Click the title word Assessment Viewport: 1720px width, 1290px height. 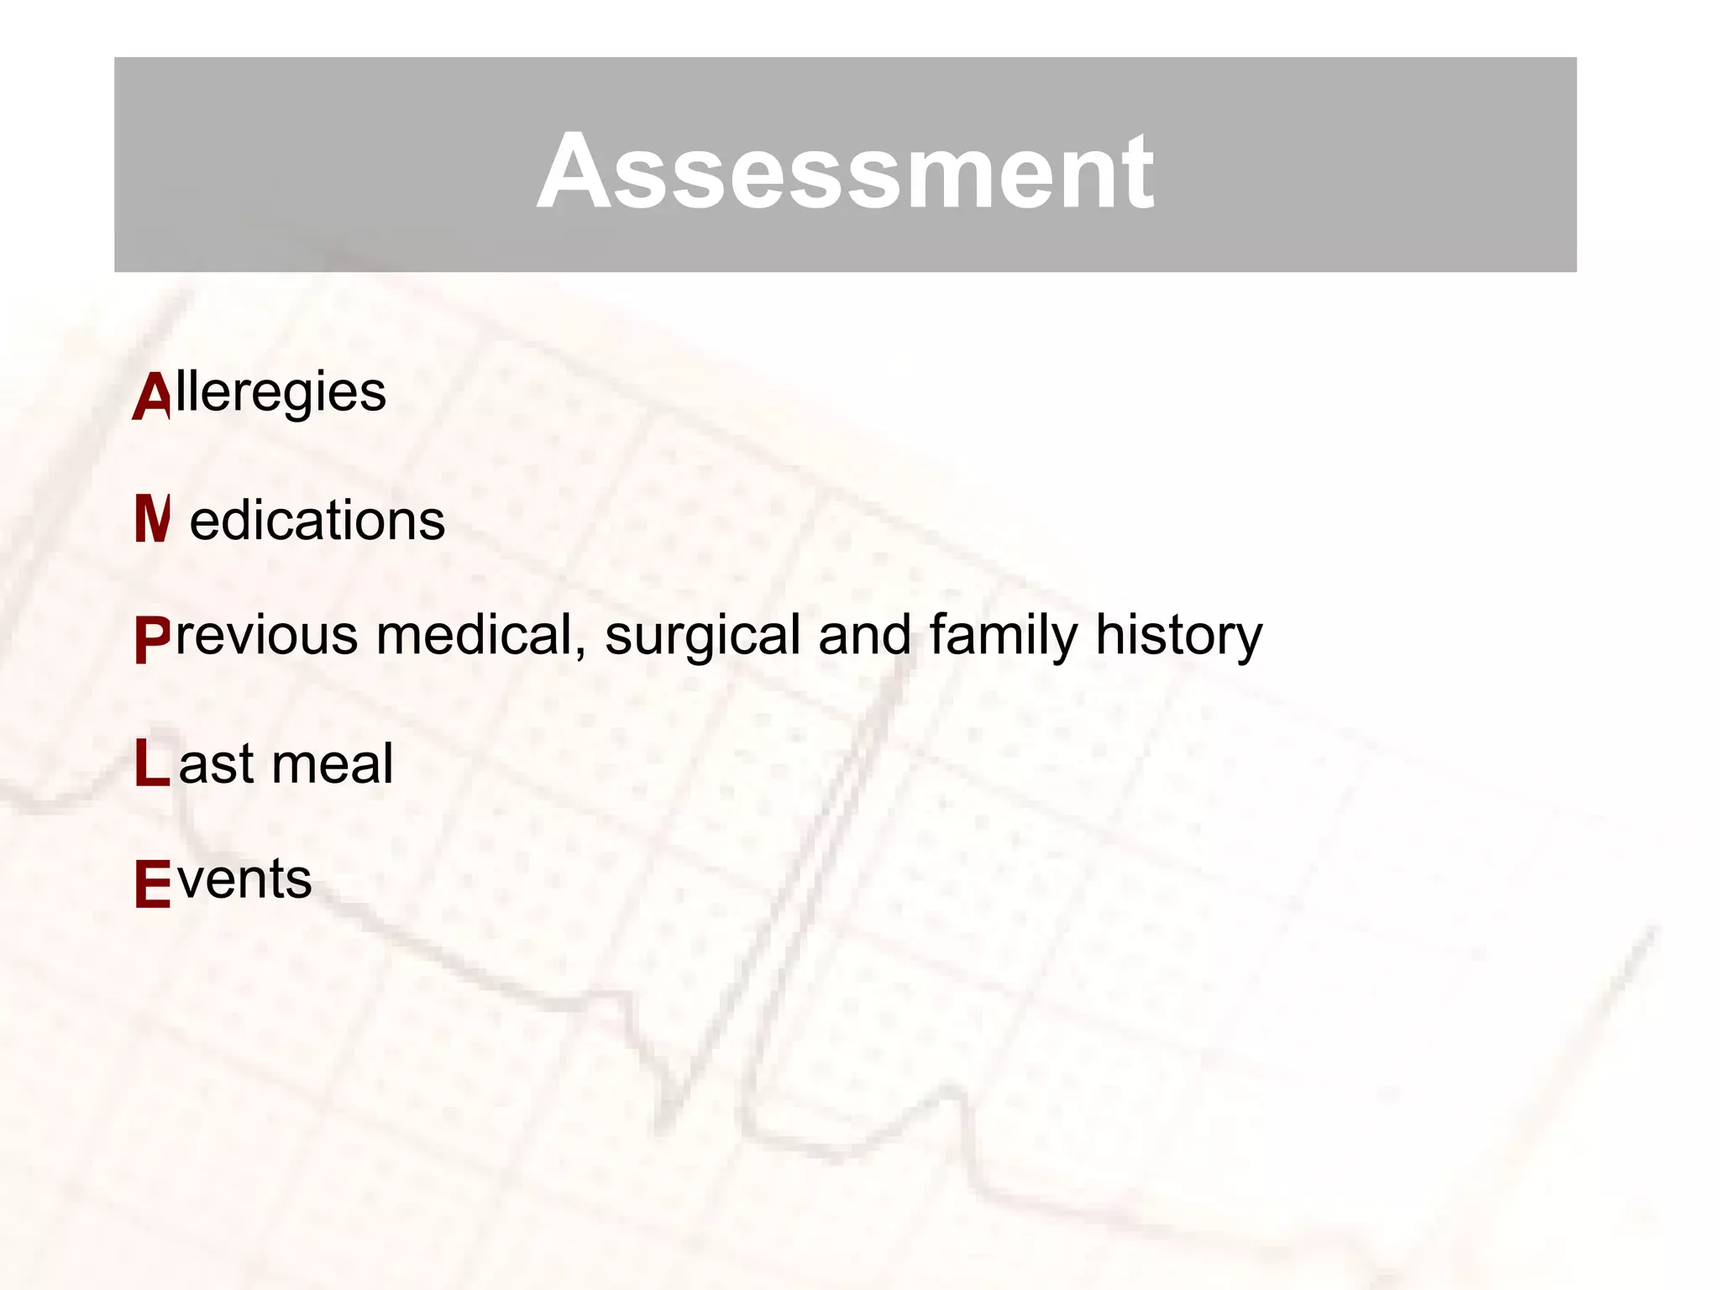click(845, 171)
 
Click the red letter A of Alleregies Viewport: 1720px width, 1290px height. click(152, 396)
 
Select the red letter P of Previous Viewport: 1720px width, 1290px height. click(152, 640)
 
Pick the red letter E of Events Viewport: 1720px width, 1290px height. click(152, 884)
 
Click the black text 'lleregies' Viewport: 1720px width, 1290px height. click(281, 393)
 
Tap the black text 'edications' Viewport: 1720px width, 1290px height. click(317, 521)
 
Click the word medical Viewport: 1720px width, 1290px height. click(475, 635)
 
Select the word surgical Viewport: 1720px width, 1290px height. click(703, 635)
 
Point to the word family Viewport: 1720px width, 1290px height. click(1003, 635)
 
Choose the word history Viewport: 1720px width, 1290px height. click(1178, 635)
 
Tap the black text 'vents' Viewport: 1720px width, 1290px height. click(244, 879)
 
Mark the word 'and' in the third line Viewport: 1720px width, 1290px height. click(864, 635)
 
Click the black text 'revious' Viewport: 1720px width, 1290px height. click(266, 635)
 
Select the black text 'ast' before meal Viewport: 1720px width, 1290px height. click(216, 764)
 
